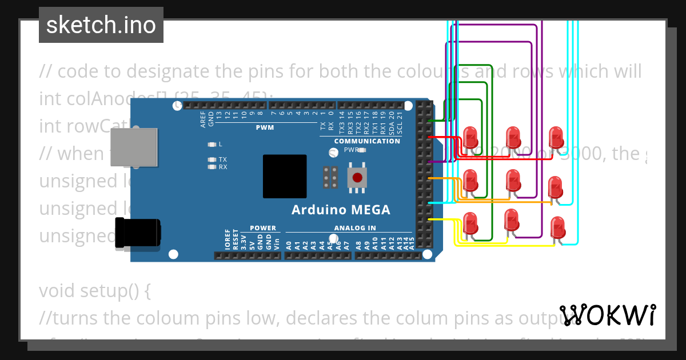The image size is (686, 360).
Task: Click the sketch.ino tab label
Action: [101, 25]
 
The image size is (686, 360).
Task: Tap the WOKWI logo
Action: [607, 315]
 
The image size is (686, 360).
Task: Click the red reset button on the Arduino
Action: [357, 177]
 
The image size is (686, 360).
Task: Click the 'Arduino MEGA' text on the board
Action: [341, 210]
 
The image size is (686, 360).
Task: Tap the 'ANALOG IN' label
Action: [355, 228]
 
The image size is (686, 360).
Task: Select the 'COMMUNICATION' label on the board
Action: [367, 141]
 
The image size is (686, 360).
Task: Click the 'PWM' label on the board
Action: [265, 127]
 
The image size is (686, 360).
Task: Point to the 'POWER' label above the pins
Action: [262, 228]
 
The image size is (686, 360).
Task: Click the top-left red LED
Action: [470, 137]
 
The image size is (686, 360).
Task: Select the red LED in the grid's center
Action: [513, 181]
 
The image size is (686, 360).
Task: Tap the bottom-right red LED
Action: [557, 228]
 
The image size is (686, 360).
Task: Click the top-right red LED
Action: [556, 138]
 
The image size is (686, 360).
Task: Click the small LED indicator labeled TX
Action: [212, 159]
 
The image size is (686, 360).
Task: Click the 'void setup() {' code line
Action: [95, 291]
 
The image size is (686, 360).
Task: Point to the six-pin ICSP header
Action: [329, 177]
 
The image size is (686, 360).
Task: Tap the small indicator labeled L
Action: [212, 144]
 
